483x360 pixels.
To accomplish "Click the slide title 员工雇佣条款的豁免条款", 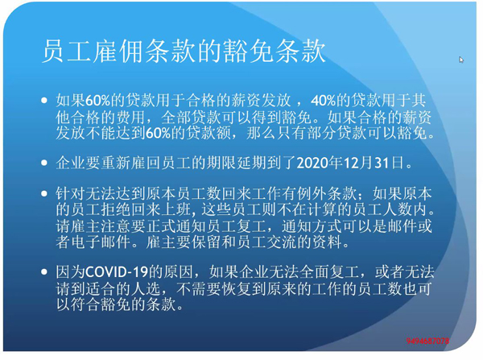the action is pyautogui.click(x=184, y=52).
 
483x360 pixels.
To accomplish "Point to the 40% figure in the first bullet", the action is pyautogui.click(x=323, y=100).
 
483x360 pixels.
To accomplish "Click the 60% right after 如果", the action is pyautogui.click(x=97, y=100).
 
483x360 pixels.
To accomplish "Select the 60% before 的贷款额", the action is pyautogui.click(x=158, y=133).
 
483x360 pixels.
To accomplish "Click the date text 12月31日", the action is pyautogui.click(x=373, y=163).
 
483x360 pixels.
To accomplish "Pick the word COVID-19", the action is pyautogui.click(x=117, y=272).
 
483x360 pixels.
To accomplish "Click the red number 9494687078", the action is pyautogui.click(x=427, y=341).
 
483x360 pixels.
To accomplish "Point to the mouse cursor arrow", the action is pyautogui.click(x=461, y=60).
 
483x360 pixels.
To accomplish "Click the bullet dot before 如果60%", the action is pyautogui.click(x=44, y=100).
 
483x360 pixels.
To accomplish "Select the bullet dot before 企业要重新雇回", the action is pyautogui.click(x=44, y=163).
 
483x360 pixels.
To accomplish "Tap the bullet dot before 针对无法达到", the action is pyautogui.click(x=44, y=193).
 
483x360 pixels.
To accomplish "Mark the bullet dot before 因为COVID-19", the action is pyautogui.click(x=44, y=272).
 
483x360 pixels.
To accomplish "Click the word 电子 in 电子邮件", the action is pyautogui.click(x=86, y=242).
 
